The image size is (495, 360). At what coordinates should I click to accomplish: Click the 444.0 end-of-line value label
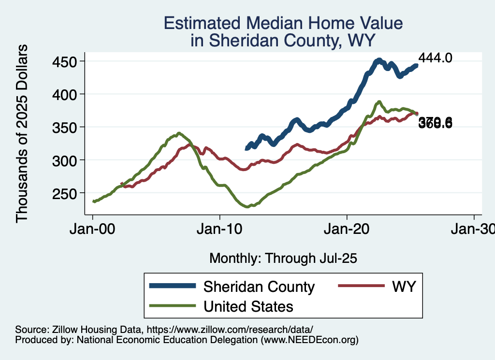pos(435,58)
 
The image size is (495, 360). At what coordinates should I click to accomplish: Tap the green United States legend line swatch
pos(173,306)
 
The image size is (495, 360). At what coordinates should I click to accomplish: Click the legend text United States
pos(248,306)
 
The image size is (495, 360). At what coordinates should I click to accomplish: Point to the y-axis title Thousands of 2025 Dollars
pos(22,133)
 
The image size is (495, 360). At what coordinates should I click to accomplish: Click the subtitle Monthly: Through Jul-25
pos(283,258)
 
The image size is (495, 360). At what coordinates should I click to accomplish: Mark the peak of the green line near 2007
pos(179,133)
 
